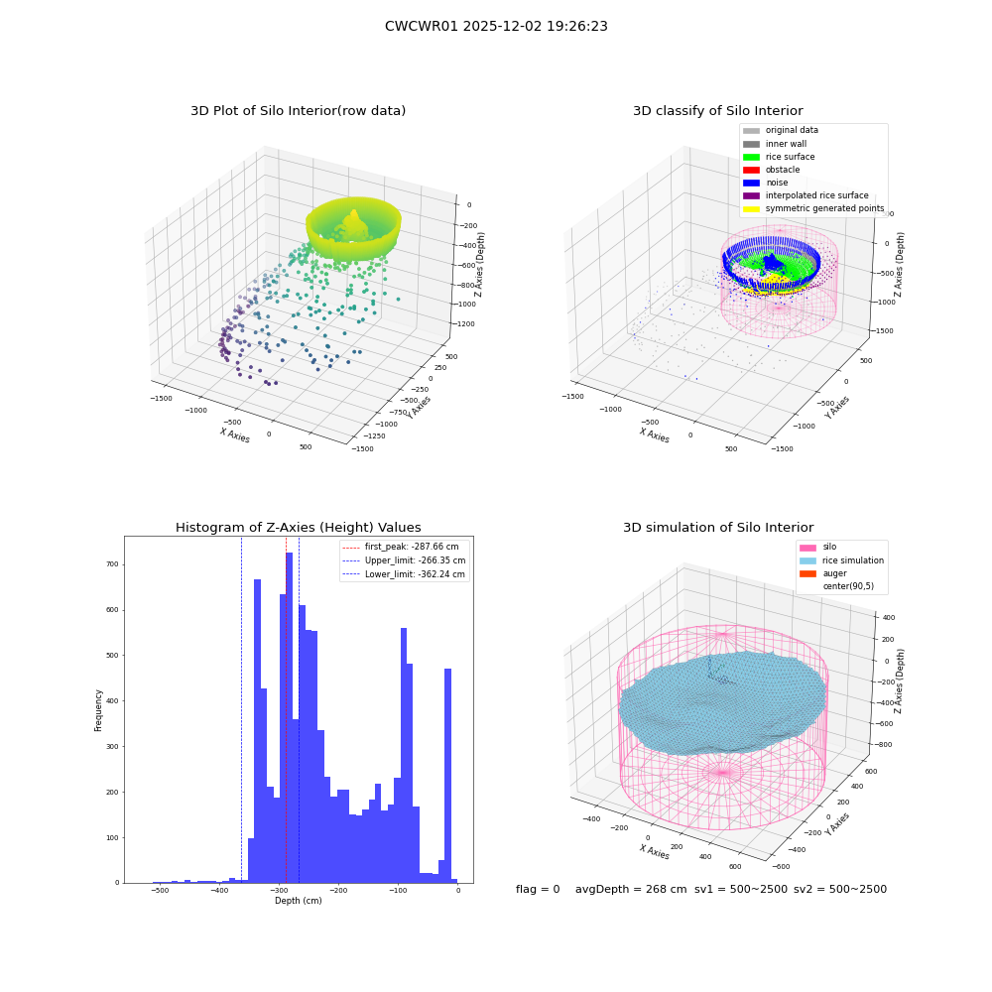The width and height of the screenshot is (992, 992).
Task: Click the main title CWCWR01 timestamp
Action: coord(496,26)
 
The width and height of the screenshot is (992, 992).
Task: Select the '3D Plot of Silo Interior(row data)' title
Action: coord(298,111)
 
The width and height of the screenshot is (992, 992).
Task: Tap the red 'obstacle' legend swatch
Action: coord(751,170)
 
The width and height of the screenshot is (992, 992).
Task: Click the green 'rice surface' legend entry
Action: coord(779,157)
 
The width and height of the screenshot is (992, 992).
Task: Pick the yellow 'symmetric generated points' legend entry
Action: coord(813,208)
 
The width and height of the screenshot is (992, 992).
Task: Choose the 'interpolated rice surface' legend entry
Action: coord(806,195)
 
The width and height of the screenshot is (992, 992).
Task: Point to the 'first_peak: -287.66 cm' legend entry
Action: coord(401,547)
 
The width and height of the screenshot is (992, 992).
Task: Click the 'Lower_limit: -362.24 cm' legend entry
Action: coord(404,574)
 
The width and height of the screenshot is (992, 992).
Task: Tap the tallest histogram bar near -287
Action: coord(289,717)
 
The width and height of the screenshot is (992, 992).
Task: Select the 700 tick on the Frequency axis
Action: coord(113,564)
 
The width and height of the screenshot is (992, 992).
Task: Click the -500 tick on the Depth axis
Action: coord(160,890)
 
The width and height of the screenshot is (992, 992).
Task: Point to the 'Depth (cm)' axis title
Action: coord(298,901)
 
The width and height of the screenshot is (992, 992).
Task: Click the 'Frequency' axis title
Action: coord(98,710)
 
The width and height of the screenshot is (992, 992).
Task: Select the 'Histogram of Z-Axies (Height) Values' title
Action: coord(298,528)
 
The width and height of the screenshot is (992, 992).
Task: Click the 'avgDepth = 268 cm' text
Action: coord(631,889)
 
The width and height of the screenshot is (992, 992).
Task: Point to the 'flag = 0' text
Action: coord(538,889)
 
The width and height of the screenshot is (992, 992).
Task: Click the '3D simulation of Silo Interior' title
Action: coord(718,528)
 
